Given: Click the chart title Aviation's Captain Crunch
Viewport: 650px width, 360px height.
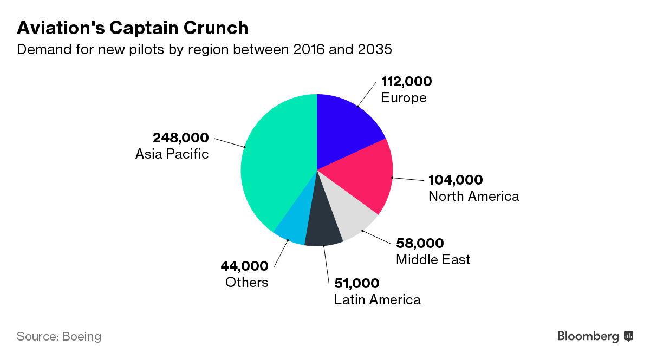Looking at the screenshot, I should (x=133, y=28).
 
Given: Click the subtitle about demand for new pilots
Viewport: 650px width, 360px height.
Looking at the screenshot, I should (x=204, y=50).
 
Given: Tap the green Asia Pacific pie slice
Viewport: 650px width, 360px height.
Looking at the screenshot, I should (x=276, y=162).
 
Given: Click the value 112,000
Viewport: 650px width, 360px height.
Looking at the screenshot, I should (x=406, y=82).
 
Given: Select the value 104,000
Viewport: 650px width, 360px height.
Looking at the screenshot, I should (x=455, y=180).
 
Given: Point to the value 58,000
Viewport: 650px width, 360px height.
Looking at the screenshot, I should (x=420, y=243).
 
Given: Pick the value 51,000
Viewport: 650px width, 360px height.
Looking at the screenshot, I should (x=356, y=283).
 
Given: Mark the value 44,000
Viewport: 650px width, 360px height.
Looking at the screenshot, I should (x=244, y=266).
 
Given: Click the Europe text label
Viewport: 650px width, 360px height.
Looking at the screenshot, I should (x=404, y=98).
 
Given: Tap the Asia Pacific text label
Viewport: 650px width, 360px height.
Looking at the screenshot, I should (x=172, y=154).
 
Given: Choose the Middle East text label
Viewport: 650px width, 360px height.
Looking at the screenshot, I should (x=433, y=259).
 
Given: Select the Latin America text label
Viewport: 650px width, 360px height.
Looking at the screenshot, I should (x=377, y=299).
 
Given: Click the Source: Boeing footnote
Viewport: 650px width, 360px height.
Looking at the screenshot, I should (x=59, y=336).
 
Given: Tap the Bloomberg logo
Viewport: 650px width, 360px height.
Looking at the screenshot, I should (x=595, y=336).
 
